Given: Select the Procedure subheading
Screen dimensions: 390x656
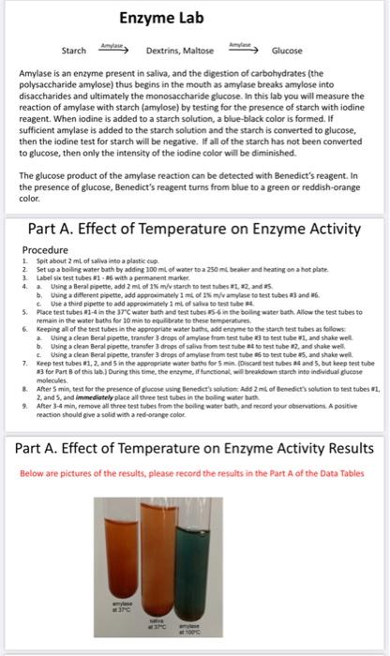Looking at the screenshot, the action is tap(52, 225).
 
